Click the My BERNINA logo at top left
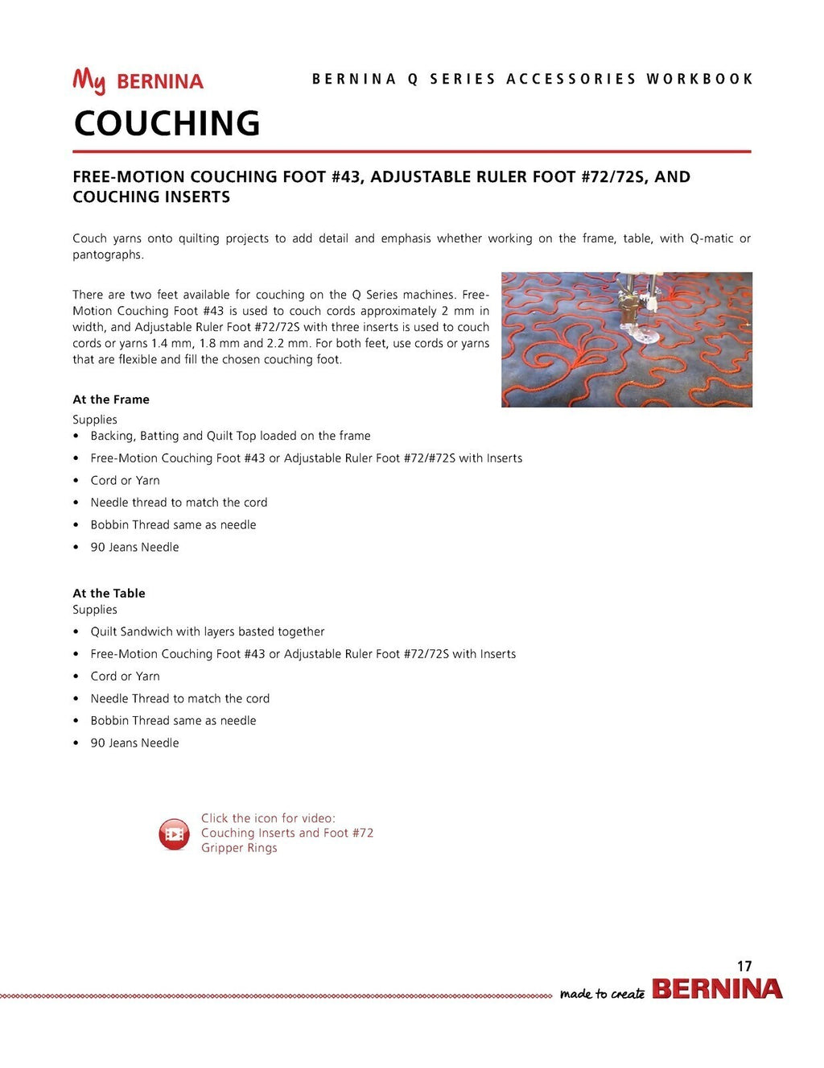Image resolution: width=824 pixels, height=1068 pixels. (138, 81)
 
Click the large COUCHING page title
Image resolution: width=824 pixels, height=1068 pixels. (167, 123)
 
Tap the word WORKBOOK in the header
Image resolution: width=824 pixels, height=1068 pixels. (699, 79)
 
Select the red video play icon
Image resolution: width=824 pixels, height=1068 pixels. (174, 834)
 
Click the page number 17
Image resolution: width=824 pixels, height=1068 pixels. (744, 966)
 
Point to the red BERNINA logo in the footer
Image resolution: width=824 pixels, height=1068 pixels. (716, 989)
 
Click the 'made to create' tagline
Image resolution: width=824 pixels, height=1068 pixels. (602, 994)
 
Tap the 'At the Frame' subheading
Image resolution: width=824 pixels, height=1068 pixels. (111, 399)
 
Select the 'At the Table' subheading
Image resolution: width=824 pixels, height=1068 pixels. (109, 594)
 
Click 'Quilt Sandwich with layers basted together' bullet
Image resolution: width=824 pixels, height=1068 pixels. (208, 632)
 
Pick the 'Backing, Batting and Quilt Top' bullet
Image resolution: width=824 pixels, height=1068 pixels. (230, 436)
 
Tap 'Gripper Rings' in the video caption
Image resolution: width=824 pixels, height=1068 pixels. (239, 848)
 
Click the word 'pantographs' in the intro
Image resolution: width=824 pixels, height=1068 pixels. (107, 255)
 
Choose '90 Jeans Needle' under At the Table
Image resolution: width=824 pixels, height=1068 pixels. (134, 743)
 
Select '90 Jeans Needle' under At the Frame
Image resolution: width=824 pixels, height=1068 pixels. (134, 548)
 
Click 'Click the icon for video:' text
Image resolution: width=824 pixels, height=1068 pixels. (268, 818)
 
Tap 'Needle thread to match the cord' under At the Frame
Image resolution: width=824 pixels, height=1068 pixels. (179, 503)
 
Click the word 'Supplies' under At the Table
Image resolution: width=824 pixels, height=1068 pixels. (95, 610)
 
